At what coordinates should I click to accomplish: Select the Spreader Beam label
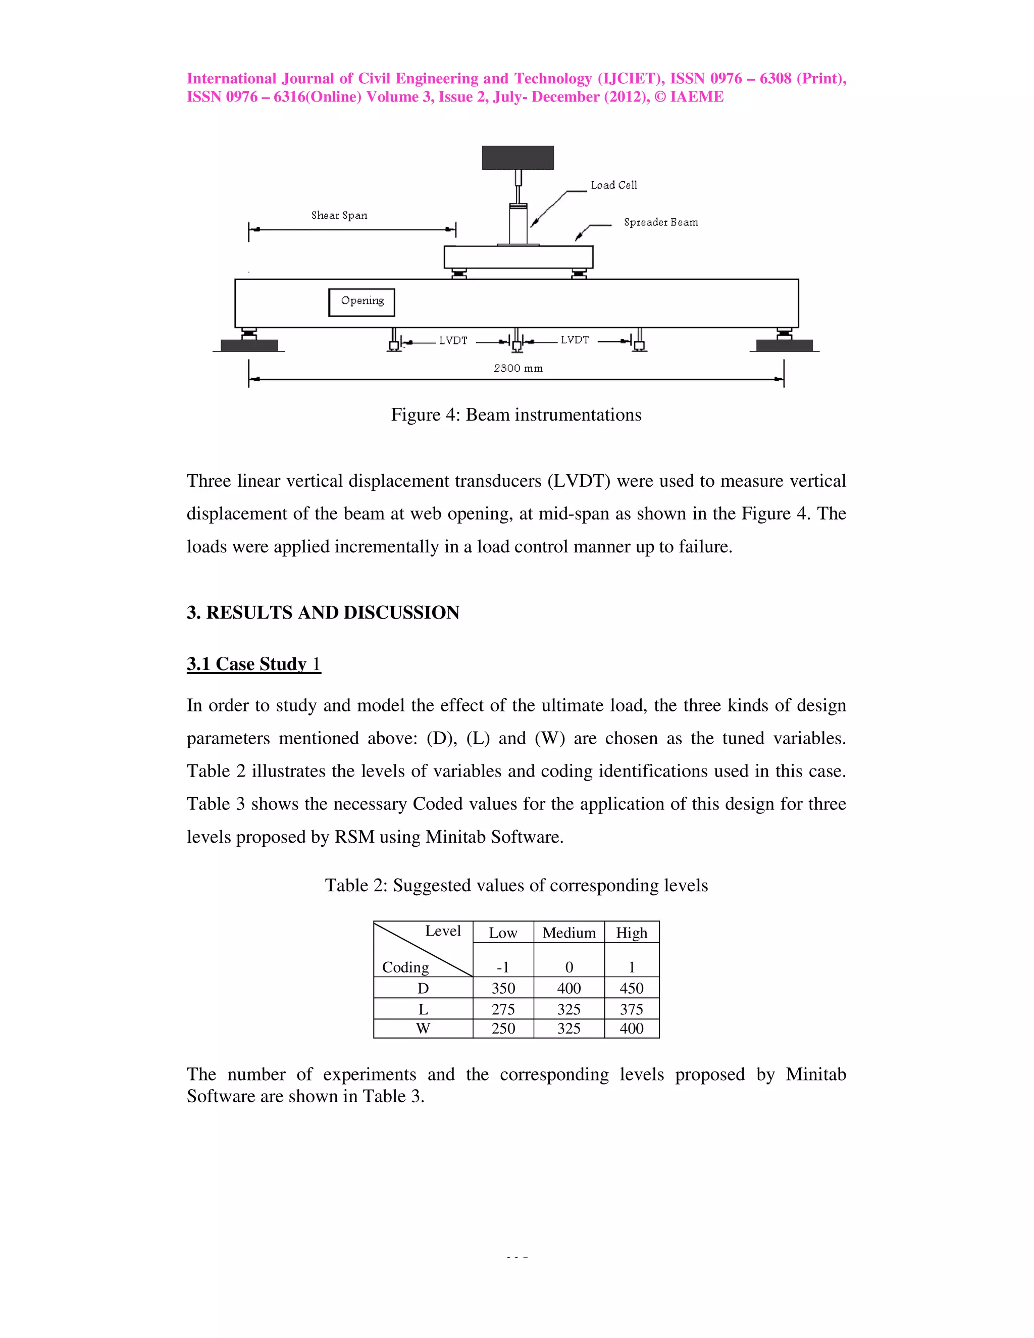pos(660,222)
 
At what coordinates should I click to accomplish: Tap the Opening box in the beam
pos(361,302)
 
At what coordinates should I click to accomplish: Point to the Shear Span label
pos(339,216)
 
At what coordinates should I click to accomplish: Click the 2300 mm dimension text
pos(518,368)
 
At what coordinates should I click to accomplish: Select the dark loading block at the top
pos(518,158)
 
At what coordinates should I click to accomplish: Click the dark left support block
pos(249,345)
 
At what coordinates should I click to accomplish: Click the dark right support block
pos(784,345)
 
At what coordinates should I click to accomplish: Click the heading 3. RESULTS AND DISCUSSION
pos(323,612)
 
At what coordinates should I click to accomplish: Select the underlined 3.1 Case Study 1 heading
pos(253,664)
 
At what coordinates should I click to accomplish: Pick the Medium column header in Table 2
pos(568,933)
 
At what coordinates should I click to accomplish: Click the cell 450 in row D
pos(631,988)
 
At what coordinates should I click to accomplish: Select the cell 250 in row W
pos(503,1028)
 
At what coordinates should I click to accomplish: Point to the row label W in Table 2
pos(423,1028)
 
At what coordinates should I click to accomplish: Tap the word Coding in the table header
pos(405,967)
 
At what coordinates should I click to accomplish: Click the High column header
pos(631,933)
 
